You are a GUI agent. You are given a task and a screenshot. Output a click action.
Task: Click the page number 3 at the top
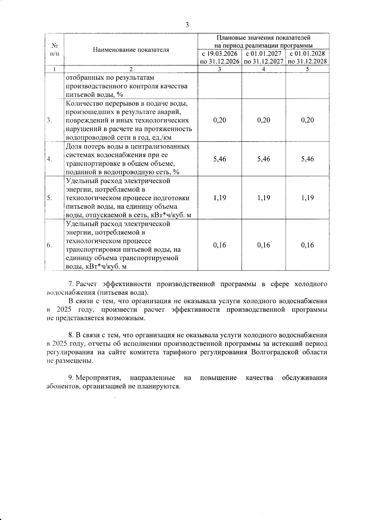(x=187, y=25)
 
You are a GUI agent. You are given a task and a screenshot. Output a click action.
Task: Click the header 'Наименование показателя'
(x=131, y=50)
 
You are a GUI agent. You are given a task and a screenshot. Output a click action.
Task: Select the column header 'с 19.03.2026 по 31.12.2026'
(x=220, y=57)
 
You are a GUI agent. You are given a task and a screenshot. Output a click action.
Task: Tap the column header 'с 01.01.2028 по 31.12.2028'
(x=307, y=57)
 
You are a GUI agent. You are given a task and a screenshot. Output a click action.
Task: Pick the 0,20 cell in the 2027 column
(x=263, y=120)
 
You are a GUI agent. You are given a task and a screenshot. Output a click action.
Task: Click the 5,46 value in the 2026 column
(x=220, y=159)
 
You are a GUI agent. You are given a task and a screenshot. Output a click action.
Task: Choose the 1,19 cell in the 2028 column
(x=307, y=198)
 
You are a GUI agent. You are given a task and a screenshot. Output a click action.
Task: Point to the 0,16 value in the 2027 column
(x=263, y=245)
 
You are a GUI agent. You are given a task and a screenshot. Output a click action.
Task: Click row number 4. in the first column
(x=49, y=159)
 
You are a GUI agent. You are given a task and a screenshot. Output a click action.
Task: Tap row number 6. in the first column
(x=49, y=246)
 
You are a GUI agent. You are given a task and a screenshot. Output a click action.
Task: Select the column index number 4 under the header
(x=263, y=69)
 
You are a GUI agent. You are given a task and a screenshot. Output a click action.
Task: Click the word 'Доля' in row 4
(x=73, y=147)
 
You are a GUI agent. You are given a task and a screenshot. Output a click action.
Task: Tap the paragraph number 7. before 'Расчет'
(x=71, y=284)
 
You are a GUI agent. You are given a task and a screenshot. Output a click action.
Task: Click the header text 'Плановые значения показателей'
(x=263, y=38)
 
